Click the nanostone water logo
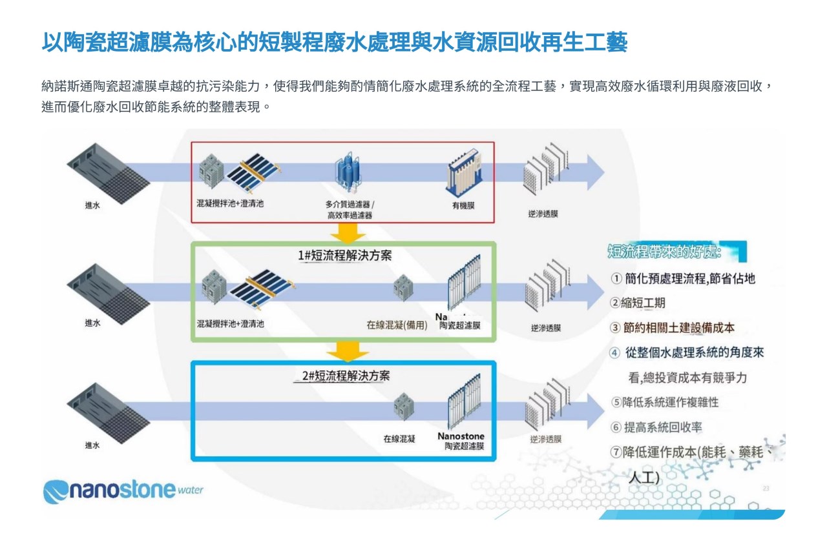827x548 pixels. [123, 490]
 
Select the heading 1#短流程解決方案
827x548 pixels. [344, 256]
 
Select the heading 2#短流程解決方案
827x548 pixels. [346, 376]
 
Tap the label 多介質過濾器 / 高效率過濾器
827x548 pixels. [350, 210]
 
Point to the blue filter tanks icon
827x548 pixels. [349, 172]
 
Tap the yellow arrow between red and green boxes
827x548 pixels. [348, 232]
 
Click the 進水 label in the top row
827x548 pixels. [92, 205]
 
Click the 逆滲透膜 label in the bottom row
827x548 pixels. [546, 440]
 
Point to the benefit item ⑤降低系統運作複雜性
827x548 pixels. [665, 401]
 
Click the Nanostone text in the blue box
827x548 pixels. [461, 436]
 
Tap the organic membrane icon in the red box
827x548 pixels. [463, 172]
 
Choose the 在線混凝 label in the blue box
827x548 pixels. [399, 439]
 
